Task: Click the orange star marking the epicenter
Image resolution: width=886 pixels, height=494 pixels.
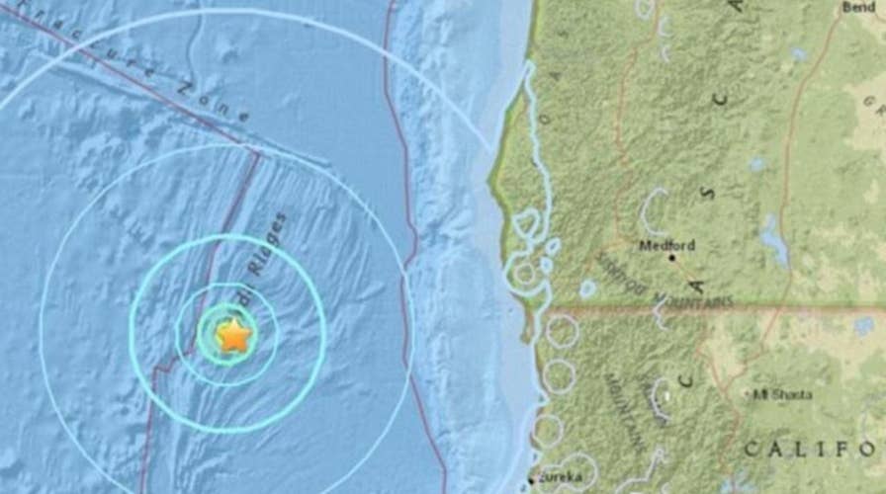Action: pos(233,336)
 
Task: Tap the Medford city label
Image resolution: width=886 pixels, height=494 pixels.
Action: pos(666,245)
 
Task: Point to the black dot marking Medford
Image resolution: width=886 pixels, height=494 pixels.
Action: pos(672,257)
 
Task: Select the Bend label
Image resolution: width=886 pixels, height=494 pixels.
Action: pos(857,7)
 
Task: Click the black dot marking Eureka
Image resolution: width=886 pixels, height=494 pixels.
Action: pos(531,480)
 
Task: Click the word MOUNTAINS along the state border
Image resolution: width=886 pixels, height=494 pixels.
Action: pos(692,299)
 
